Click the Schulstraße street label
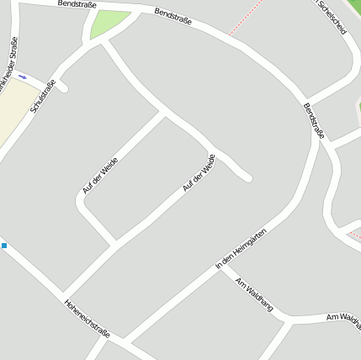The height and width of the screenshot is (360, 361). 42,96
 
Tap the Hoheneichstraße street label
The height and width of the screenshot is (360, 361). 87,319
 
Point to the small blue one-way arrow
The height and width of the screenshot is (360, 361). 23,76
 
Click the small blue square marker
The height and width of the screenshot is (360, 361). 3,246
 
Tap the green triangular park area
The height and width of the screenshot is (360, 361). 109,24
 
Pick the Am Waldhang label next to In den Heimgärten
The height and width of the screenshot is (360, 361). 255,295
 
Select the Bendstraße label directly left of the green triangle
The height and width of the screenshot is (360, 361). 77,5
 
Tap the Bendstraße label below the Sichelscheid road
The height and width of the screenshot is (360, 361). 313,120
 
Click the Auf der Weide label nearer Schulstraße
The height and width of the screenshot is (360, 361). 100,176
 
